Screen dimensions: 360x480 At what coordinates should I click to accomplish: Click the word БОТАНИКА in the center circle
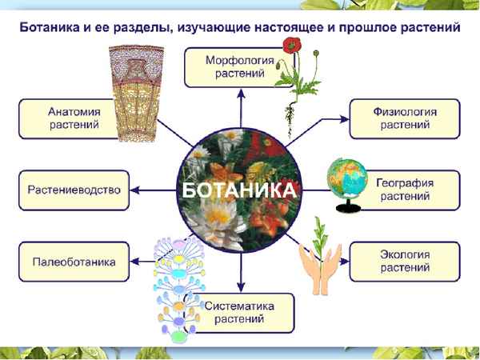point(239,191)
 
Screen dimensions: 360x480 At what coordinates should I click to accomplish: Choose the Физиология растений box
point(404,118)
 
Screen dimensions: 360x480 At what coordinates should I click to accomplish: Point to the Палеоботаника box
point(74,262)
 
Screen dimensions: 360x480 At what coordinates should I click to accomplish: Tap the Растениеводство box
point(74,190)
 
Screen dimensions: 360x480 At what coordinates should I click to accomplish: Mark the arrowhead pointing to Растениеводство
point(134,190)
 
